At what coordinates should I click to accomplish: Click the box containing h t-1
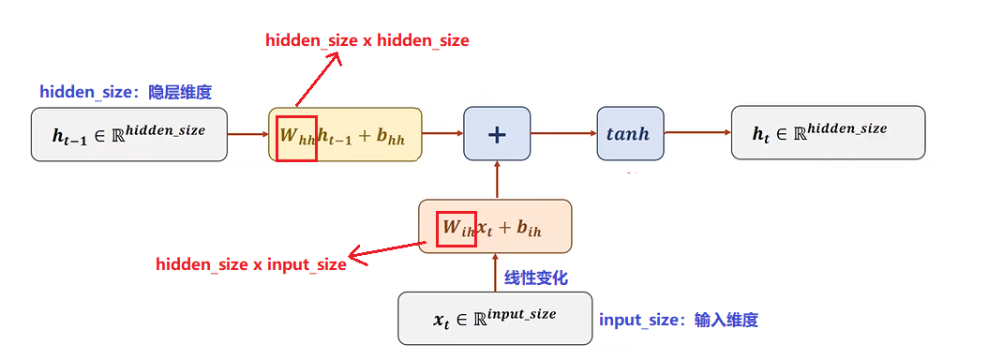point(129,133)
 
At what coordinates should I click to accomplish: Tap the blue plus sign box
point(497,133)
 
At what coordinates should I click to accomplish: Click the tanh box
point(629,133)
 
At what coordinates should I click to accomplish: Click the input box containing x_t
point(494,318)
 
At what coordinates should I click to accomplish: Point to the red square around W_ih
point(457,227)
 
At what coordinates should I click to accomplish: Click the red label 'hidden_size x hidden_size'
point(367,40)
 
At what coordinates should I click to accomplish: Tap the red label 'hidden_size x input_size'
point(251,264)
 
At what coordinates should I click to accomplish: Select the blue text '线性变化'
point(536,277)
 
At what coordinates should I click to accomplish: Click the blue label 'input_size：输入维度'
point(679,320)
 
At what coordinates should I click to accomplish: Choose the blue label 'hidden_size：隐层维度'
point(126,92)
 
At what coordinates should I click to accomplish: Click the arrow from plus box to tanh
point(563,133)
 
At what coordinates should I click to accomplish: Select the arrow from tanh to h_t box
point(696,133)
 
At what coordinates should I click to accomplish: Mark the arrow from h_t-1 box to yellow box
point(247,133)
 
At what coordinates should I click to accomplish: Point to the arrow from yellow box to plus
point(442,133)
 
